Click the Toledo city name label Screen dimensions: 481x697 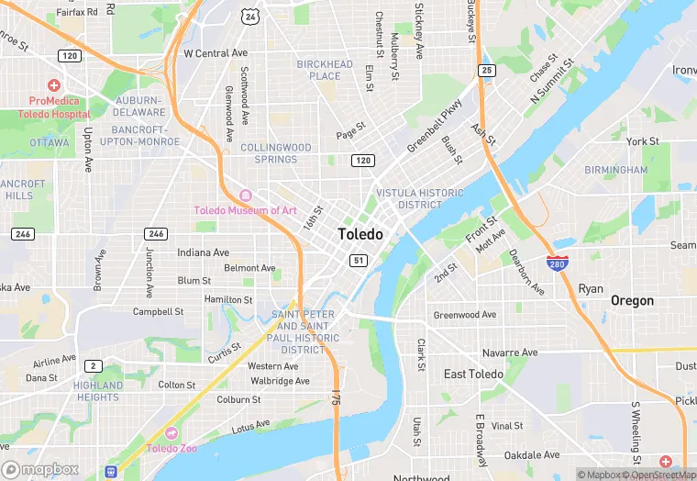[360, 234]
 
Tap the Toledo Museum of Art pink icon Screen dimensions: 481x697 [245, 196]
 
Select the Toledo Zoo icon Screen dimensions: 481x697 [171, 433]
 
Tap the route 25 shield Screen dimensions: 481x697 [487, 71]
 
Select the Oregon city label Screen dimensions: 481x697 [633, 300]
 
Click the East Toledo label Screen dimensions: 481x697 [473, 375]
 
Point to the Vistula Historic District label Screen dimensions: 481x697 [420, 198]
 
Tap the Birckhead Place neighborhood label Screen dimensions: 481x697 [325, 70]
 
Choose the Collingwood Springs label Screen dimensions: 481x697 [276, 153]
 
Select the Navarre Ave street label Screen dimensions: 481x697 [510, 352]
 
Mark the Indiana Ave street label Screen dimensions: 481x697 [204, 252]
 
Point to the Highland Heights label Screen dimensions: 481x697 [98, 391]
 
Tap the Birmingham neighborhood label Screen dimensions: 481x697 [616, 170]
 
